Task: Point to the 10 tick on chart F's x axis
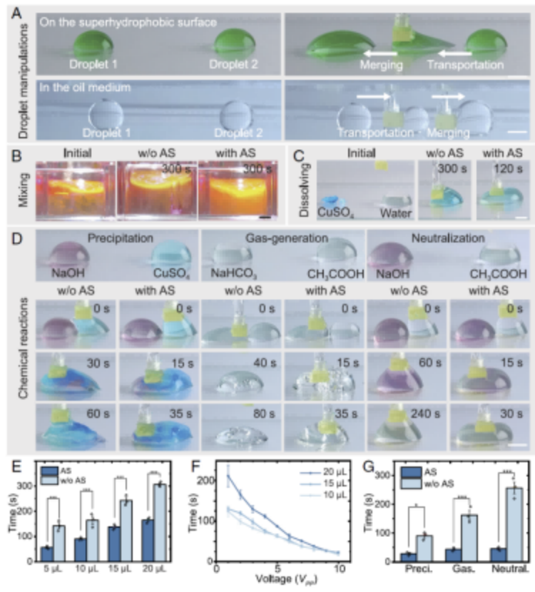point(340,570)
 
